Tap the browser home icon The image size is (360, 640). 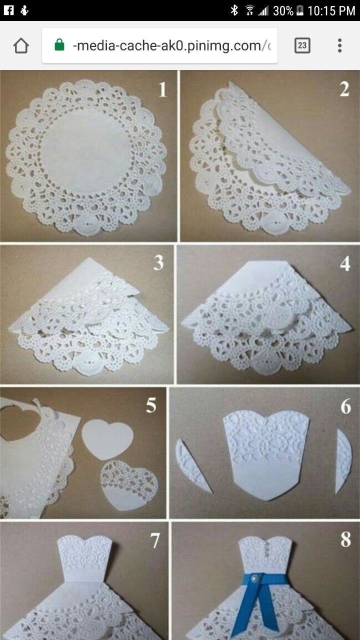21,46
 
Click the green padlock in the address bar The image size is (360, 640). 59,46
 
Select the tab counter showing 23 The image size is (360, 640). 302,46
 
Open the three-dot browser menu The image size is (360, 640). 339,46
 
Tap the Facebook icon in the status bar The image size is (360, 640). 8,10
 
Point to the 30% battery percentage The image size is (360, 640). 283,10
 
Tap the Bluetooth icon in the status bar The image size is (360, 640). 234,10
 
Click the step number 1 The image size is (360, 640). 162,90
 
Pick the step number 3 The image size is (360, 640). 158,263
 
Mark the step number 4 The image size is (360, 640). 345,263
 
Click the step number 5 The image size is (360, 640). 151,406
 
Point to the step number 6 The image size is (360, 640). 346,406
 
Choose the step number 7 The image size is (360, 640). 155,540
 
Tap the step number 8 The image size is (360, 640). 345,540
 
